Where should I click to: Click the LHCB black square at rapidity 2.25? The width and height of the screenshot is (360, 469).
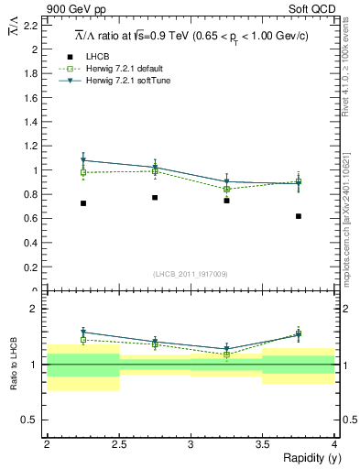83,203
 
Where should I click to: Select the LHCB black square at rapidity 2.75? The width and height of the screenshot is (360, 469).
155,198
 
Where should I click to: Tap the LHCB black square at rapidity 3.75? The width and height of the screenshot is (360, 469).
299,216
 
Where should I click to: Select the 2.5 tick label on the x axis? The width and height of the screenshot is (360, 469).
119,443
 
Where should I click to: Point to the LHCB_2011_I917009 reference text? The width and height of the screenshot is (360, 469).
191,274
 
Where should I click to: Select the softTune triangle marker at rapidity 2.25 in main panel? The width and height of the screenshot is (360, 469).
83,160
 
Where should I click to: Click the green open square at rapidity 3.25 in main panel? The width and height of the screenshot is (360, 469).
226,190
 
